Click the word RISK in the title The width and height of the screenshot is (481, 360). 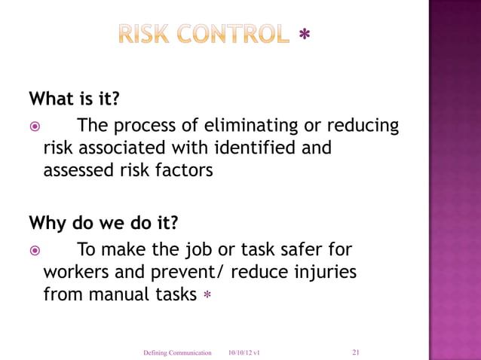146,35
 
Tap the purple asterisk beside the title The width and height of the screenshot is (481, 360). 305,35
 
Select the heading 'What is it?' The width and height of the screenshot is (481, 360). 74,98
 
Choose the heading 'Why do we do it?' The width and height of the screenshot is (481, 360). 103,223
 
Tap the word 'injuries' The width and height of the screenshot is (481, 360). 324,272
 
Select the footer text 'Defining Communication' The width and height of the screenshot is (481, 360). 177,352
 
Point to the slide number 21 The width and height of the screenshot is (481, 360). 356,351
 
